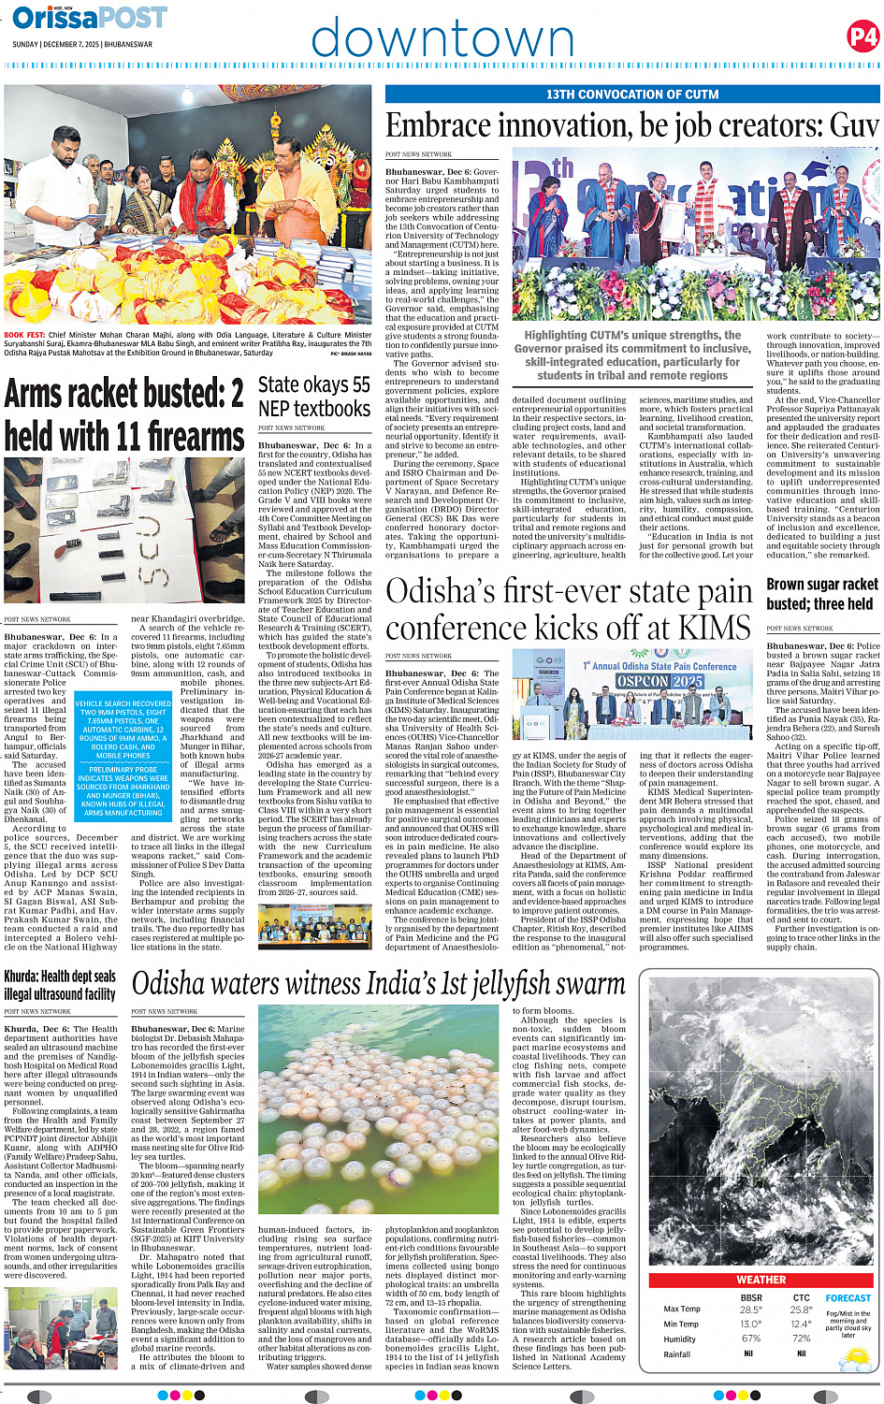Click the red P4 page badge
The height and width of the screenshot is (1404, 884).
pos(862,36)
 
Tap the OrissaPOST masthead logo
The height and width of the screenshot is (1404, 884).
pos(90,18)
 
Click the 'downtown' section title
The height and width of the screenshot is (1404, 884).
pos(442,39)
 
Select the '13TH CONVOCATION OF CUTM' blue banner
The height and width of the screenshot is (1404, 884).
pos(632,94)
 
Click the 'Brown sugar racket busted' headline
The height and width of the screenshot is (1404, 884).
pos(822,594)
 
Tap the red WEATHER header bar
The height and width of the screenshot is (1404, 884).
pos(761,1279)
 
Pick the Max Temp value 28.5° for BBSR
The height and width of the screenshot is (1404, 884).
pos(750,1310)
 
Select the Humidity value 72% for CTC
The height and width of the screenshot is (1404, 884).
pos(801,1339)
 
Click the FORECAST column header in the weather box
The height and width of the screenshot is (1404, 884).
pos(848,1298)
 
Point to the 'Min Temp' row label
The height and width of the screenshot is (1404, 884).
pos(681,1324)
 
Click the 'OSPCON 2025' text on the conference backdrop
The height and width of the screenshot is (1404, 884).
pos(660,681)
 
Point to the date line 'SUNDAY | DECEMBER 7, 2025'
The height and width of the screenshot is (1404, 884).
pos(82,44)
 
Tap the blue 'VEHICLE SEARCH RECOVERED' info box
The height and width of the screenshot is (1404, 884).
pos(123,758)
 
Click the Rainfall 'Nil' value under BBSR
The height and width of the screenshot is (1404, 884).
pos(748,1353)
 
